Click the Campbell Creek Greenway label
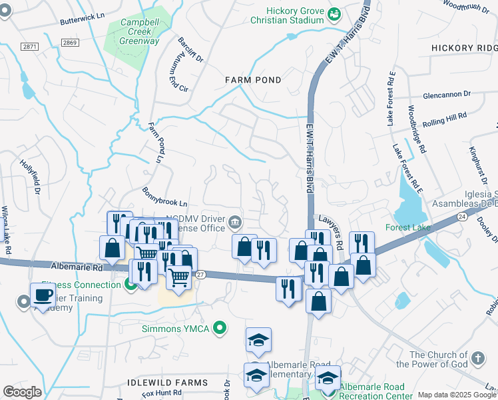(x=139, y=31)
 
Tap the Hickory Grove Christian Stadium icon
(x=335, y=13)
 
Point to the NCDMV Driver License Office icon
(x=235, y=222)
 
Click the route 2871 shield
(x=29, y=47)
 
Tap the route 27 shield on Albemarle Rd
(x=200, y=273)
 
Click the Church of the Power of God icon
(x=477, y=358)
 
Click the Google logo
(x=22, y=392)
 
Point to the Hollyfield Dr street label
(x=31, y=177)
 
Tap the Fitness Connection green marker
(x=130, y=285)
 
